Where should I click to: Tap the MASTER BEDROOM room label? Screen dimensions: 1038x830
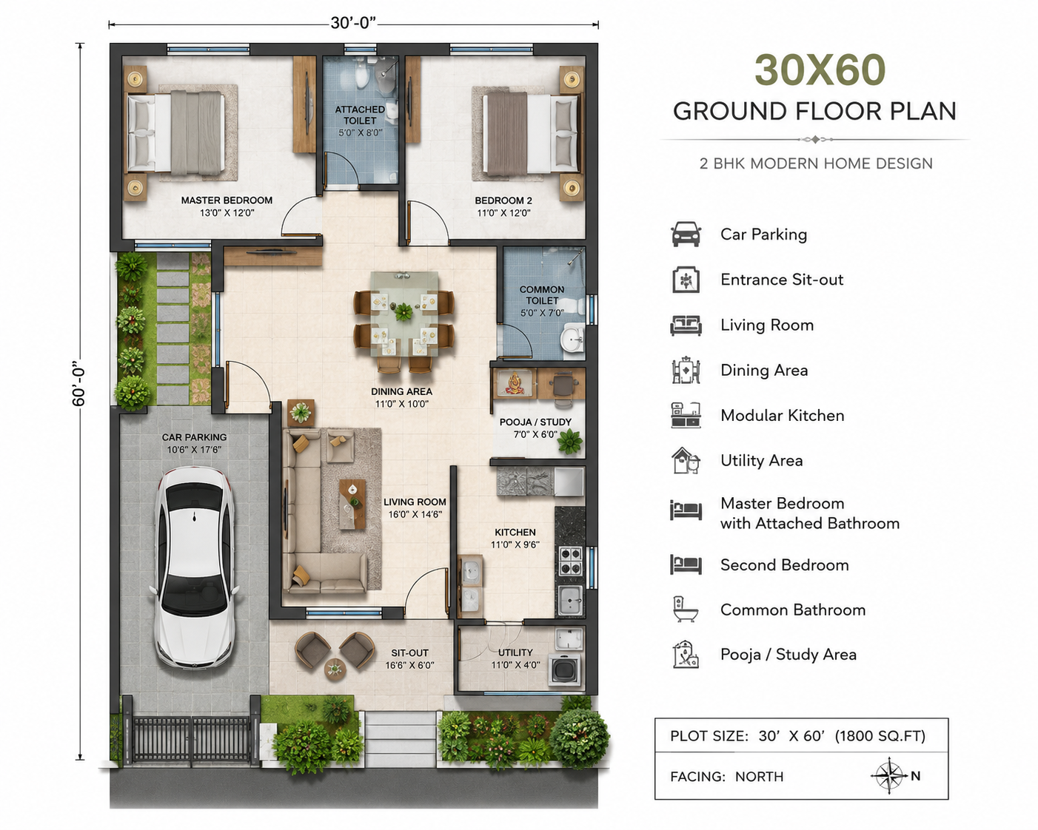[227, 200]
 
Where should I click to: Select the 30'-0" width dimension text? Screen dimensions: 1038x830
[353, 23]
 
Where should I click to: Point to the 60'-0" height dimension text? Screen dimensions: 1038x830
[78, 383]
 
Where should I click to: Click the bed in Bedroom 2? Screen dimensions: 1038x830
[531, 133]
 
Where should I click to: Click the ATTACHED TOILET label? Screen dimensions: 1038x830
[360, 115]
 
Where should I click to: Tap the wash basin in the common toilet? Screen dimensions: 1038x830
[572, 338]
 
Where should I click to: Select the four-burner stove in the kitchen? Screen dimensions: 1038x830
[570, 561]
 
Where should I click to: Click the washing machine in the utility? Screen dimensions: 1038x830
[564, 669]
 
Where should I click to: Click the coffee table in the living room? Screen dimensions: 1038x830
[352, 505]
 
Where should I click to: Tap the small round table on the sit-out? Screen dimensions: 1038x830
[334, 669]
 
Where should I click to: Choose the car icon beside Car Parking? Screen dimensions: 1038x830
[686, 235]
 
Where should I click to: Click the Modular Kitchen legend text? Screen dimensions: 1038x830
[782, 416]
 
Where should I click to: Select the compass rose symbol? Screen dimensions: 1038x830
[889, 775]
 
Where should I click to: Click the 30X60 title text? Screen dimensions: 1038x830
[820, 70]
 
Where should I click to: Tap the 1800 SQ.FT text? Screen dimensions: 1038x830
[880, 736]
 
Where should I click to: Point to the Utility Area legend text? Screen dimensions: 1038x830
[762, 460]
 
